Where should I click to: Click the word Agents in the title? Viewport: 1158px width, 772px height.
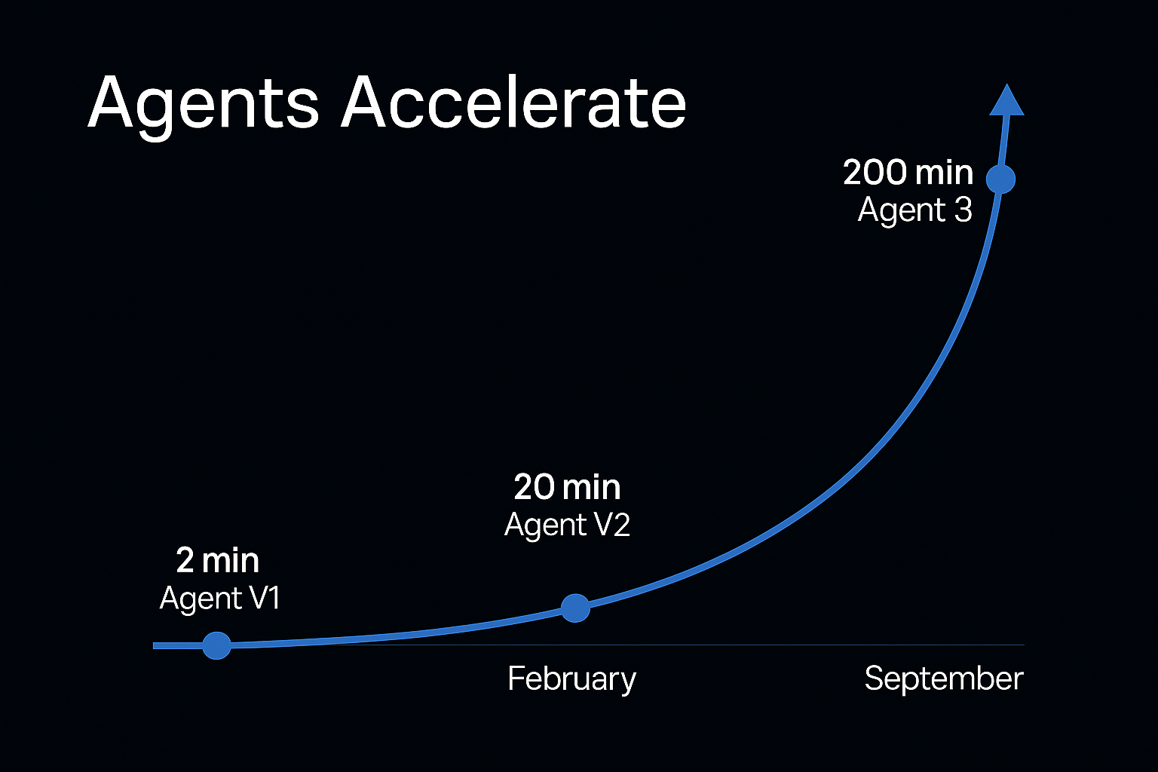203,106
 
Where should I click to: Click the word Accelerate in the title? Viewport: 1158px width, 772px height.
513,102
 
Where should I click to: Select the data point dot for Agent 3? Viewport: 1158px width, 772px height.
1001,179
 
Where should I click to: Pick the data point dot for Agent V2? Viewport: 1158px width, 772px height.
575,608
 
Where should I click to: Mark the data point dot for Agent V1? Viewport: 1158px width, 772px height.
216,645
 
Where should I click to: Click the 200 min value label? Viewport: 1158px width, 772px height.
908,172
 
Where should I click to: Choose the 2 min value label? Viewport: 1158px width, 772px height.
218,560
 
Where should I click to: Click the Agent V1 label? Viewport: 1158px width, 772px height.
219,599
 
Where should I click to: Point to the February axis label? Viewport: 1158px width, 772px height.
571,679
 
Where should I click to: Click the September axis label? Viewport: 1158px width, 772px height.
944,679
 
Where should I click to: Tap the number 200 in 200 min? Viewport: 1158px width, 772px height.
875,172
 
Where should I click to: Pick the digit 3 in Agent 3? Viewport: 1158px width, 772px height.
963,210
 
